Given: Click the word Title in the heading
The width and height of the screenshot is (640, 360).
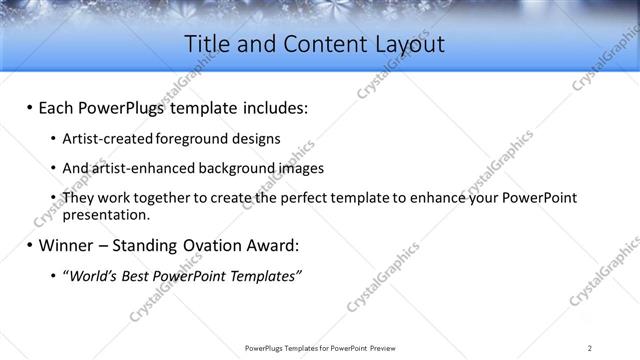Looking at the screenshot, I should tap(209, 44).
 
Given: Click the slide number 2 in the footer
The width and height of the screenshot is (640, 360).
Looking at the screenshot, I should tap(590, 348).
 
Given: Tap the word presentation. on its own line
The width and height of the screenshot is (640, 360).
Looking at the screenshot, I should tap(106, 214).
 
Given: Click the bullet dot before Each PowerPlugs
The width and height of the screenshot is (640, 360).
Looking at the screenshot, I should tap(30, 108).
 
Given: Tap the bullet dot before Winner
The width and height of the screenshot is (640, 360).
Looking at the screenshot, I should tap(30, 245).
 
